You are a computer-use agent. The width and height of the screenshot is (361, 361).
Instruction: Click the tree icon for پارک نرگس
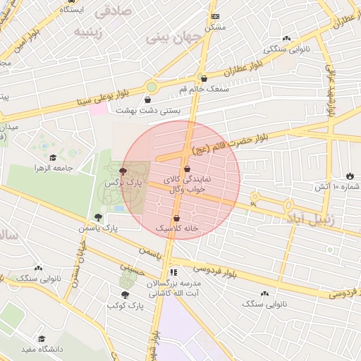coord(123,171)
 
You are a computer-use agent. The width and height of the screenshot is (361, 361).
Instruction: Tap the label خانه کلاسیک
coord(176,229)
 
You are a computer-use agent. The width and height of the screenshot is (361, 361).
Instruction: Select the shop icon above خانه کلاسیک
coord(176,219)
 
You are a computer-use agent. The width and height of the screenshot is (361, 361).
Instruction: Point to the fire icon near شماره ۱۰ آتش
coord(350,176)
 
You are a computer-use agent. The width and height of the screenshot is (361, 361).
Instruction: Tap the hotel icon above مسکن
coord(215,16)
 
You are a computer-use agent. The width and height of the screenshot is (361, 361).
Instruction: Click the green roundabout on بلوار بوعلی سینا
coord(151,87)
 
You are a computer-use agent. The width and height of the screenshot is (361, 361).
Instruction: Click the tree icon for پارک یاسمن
coord(98,217)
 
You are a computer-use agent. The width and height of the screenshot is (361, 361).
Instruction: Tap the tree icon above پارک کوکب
coord(125,295)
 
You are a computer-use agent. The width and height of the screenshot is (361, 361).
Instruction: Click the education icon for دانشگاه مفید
coord(42,338)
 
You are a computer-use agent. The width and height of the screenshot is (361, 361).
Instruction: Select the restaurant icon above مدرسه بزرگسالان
coord(173,272)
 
